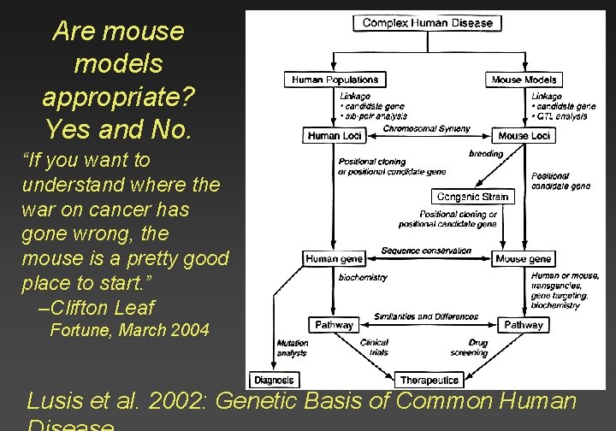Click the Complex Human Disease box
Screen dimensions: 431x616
[427, 22]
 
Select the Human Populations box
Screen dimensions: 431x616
[335, 80]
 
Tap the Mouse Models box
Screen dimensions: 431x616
[524, 80]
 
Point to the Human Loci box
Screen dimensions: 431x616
[335, 135]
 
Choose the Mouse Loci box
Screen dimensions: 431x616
[524, 135]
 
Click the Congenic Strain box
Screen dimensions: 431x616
[472, 197]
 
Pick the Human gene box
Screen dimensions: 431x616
[335, 258]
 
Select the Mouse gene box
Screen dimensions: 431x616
[523, 258]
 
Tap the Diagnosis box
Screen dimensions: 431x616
[274, 380]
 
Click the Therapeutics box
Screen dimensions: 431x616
[429, 380]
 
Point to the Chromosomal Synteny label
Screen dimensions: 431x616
[427, 129]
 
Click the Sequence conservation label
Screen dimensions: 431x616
[426, 251]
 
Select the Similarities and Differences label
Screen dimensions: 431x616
[426, 317]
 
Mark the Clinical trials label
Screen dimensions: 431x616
[374, 347]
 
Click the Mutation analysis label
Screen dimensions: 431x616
[292, 347]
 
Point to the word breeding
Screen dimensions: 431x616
[486, 154]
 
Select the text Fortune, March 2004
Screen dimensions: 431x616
[129, 330]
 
